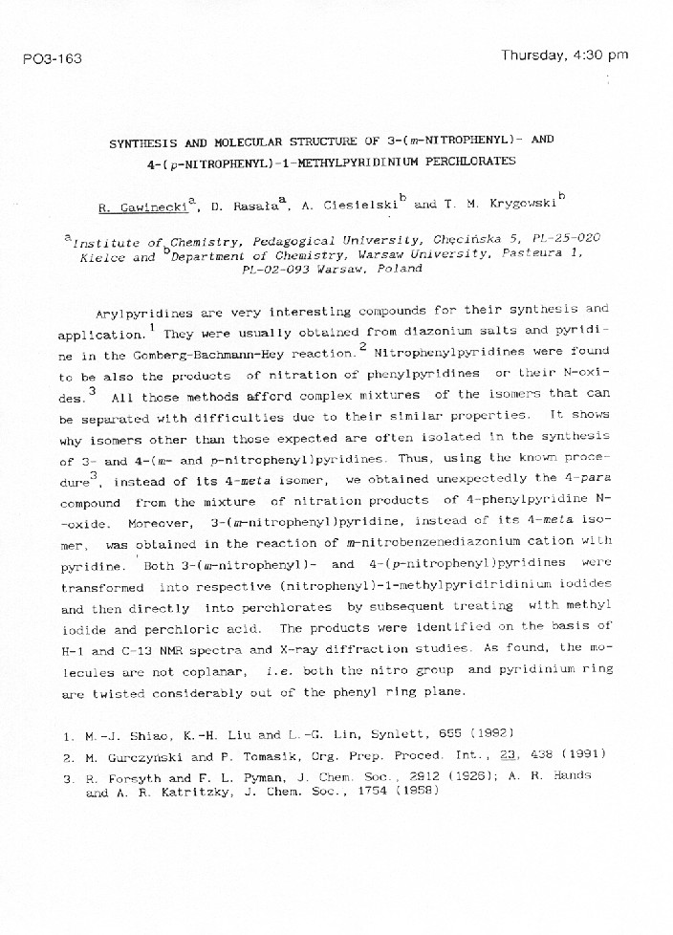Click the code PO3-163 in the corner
tap(52, 59)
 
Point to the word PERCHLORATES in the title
tap(467, 161)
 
